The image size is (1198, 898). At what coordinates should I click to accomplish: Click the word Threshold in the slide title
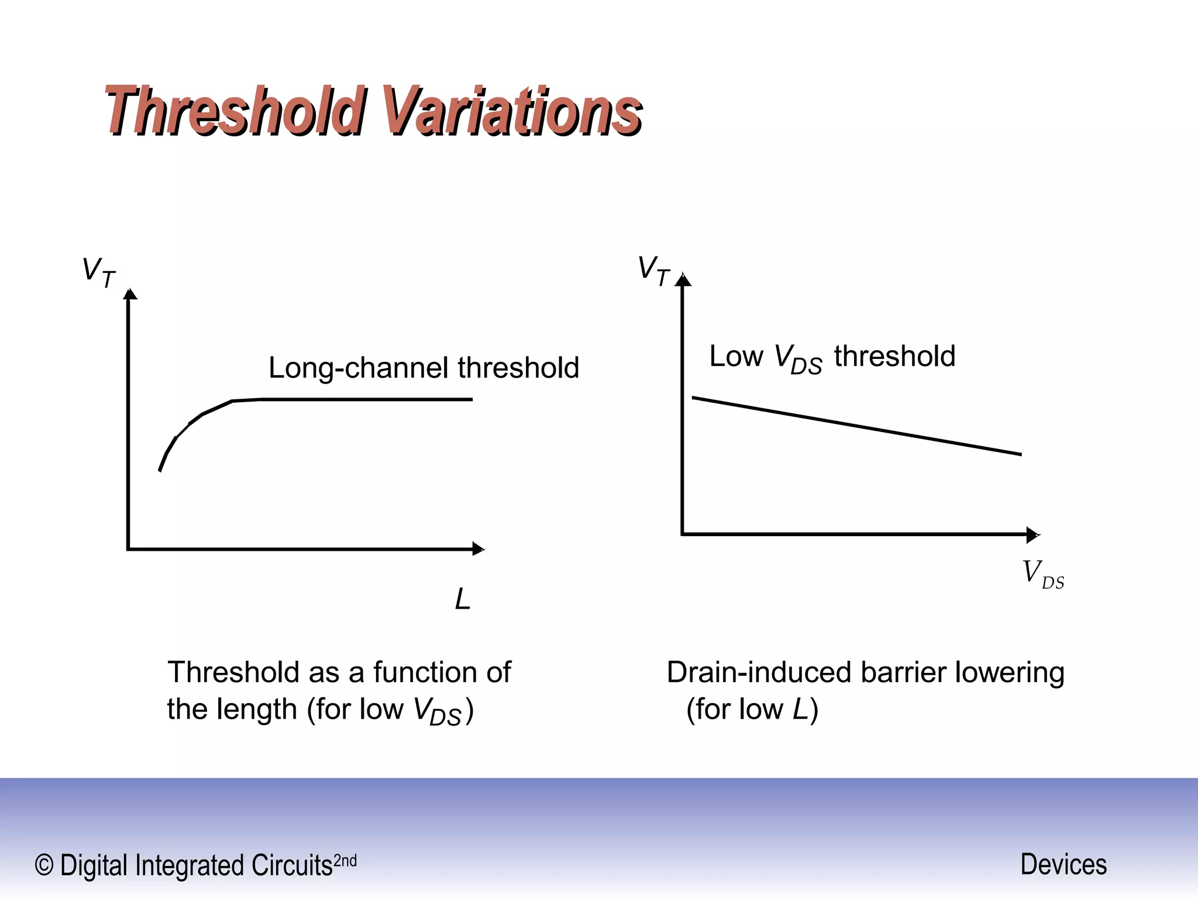click(234, 111)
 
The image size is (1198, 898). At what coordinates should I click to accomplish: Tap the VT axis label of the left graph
click(98, 272)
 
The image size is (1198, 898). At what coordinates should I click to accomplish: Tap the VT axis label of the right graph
click(653, 271)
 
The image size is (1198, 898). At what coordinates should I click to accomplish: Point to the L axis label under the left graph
click(463, 599)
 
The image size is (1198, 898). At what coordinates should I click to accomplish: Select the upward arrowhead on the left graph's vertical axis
click(130, 294)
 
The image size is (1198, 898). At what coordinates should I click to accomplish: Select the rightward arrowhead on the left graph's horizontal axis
click(478, 549)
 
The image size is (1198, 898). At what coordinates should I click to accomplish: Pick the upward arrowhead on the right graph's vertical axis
click(683, 280)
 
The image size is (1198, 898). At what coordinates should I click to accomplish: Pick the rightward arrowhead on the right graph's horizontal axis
click(1032, 534)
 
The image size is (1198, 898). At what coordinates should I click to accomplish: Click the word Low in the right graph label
click(736, 356)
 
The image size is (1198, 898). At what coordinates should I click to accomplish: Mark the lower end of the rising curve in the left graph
click(160, 469)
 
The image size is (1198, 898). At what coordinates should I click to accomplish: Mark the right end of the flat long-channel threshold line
click(471, 399)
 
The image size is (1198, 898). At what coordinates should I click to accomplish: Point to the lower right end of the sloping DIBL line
click(1020, 454)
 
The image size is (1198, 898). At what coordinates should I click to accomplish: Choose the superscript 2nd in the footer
click(345, 861)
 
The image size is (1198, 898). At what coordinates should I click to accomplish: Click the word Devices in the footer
click(1063, 864)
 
